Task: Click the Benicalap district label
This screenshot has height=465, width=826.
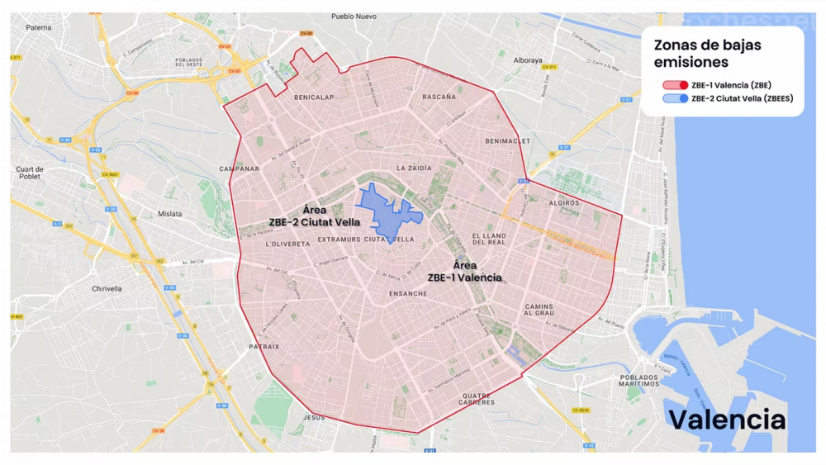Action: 314,97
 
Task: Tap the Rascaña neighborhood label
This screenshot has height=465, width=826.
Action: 439,97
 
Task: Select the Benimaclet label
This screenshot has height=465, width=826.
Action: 506,141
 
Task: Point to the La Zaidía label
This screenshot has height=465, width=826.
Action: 414,168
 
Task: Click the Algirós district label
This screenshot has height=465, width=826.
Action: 563,202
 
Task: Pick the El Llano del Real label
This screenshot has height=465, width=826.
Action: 488,239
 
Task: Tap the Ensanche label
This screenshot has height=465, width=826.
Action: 408,293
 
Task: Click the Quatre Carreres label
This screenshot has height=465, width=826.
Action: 477,399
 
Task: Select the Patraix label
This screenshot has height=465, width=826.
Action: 264,347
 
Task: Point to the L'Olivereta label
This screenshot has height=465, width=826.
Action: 287,244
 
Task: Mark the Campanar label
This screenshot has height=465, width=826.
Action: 240,169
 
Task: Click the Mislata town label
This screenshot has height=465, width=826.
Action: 169,214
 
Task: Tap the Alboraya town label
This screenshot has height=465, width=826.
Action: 528,60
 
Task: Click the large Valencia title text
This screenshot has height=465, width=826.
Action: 727,419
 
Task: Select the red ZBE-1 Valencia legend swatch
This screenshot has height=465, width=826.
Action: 675,85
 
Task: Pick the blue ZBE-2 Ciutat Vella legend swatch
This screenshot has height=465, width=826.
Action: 675,98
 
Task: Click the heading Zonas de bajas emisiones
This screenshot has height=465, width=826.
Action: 707,54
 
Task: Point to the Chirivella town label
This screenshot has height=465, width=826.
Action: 107,289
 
